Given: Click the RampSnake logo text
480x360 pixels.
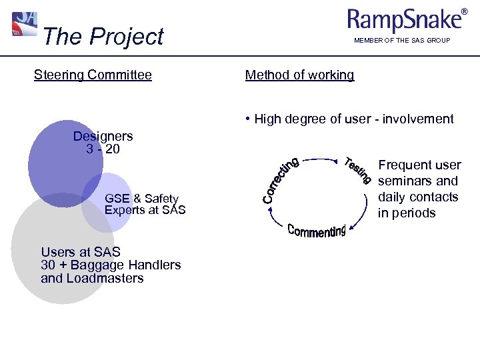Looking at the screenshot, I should tap(404, 21).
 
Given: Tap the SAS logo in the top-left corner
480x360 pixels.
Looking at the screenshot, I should tap(25, 24).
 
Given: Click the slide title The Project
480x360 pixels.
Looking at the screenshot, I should tap(102, 37).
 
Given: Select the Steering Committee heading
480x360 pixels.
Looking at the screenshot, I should tap(93, 75).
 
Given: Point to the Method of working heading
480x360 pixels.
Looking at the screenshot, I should tap(299, 75).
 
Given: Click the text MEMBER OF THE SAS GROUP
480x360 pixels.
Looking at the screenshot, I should tap(402, 41).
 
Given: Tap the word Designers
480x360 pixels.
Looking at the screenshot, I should tap(103, 136).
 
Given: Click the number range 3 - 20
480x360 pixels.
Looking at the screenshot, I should tap(103, 149).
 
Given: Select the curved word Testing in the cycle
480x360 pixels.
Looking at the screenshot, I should tap(357, 170).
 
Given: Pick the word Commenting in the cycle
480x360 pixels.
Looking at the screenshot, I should tap(317, 231).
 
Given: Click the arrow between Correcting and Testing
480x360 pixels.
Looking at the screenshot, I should tap(320, 159).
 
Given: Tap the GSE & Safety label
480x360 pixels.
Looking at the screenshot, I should tap(141, 198).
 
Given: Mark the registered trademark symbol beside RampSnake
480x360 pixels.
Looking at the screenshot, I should tap(464, 12).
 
